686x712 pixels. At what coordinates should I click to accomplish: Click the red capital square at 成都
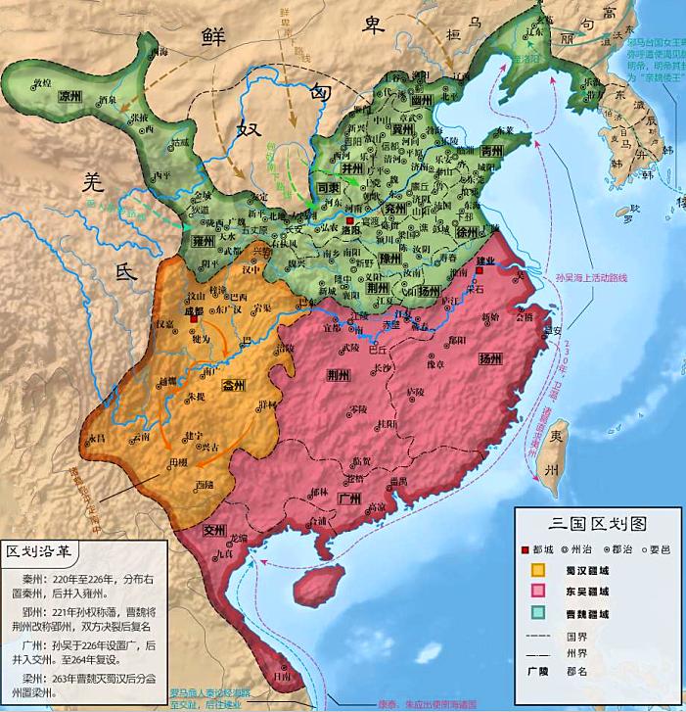click(x=196, y=318)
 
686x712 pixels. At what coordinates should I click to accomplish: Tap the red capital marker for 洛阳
click(x=349, y=223)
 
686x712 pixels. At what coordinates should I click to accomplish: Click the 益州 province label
click(x=235, y=385)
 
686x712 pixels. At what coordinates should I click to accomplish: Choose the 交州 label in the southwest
click(x=214, y=530)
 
